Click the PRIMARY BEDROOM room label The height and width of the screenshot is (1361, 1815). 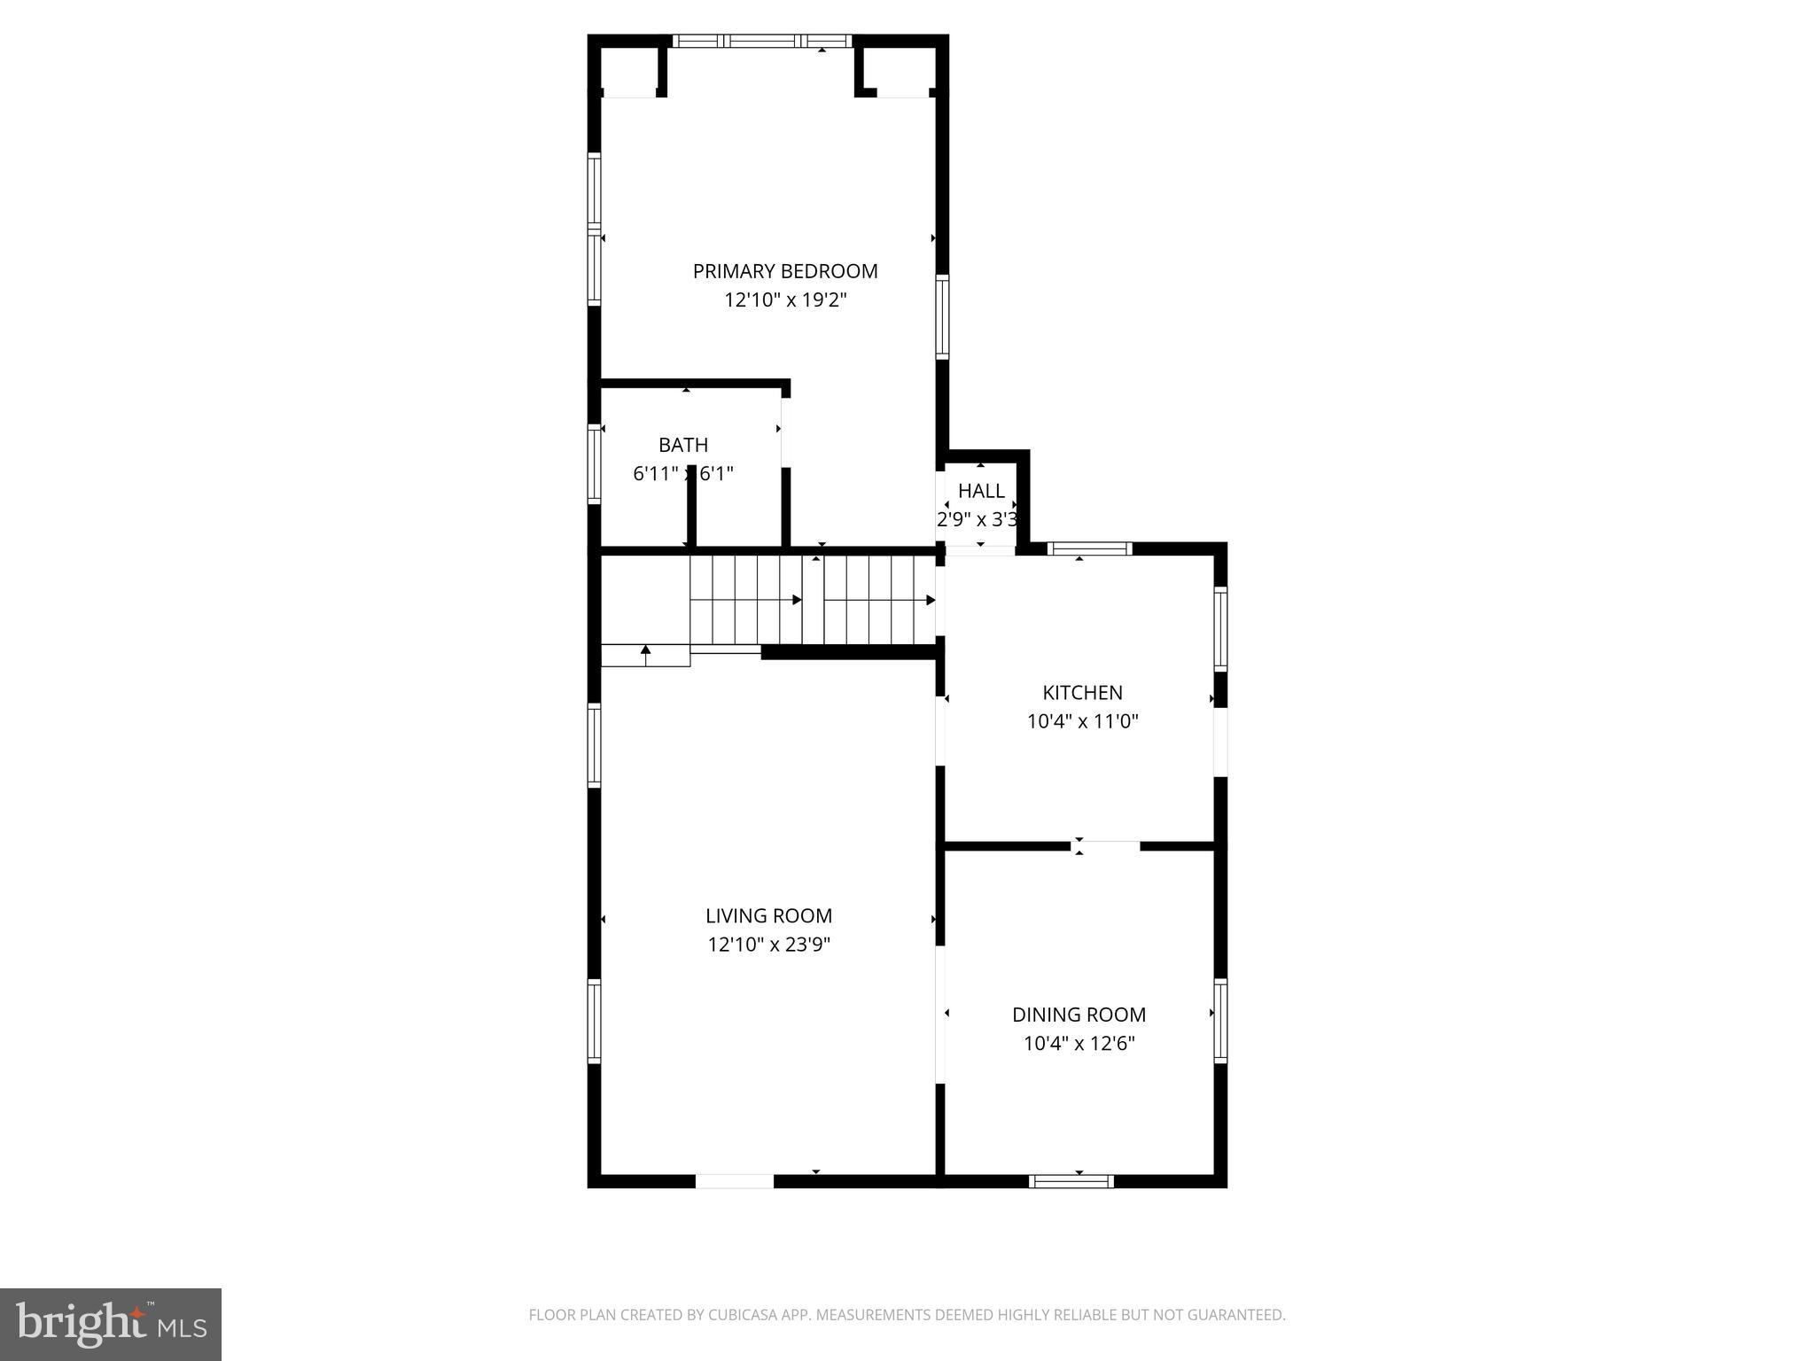tap(785, 271)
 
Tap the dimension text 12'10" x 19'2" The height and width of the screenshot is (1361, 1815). tap(785, 300)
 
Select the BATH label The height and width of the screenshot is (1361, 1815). tap(683, 445)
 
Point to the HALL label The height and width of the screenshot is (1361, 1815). tap(981, 491)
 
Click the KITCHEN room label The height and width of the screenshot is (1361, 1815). tap(1082, 693)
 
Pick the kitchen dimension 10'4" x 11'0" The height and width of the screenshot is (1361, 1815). tap(1082, 721)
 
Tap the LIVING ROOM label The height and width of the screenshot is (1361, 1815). tap(768, 916)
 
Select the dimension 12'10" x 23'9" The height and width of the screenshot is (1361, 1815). tap(768, 945)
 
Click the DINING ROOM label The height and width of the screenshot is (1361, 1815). tap(1079, 1015)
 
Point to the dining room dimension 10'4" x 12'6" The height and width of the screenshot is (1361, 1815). tap(1079, 1043)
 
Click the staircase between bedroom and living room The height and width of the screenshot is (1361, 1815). tap(813, 600)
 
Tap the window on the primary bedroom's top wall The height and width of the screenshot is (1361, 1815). tap(761, 41)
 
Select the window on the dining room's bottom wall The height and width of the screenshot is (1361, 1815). tap(1071, 1181)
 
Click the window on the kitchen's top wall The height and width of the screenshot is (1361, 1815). tap(1089, 548)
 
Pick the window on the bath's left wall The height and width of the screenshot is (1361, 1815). tap(595, 464)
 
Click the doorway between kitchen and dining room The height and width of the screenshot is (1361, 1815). tap(1105, 846)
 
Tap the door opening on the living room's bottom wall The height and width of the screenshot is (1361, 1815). tap(734, 1181)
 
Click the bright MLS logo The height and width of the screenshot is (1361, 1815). tap(110, 1325)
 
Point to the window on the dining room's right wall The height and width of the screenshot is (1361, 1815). tap(1220, 1021)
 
